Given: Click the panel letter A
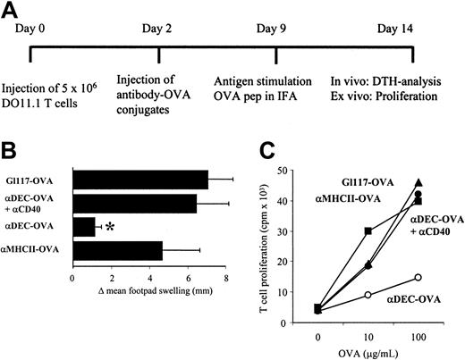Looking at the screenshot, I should (13, 13).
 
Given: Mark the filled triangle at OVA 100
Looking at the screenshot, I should (418, 183).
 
